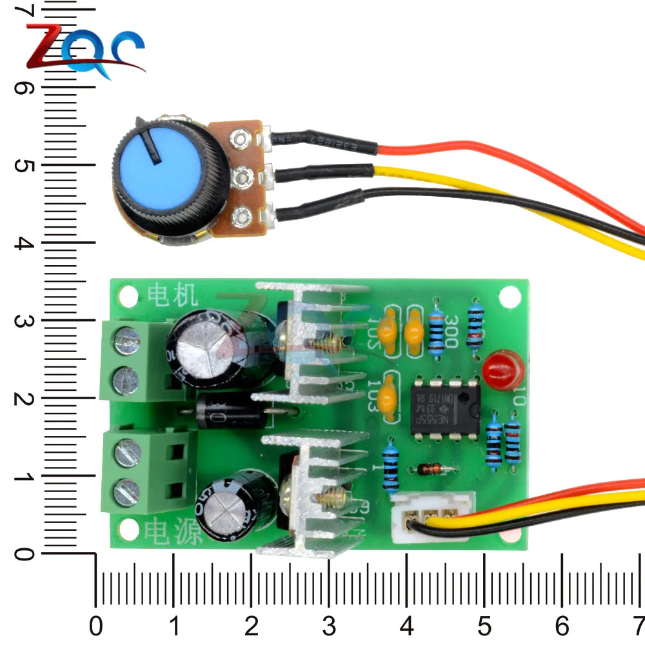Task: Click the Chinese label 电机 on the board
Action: (170, 295)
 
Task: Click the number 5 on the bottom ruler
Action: (484, 624)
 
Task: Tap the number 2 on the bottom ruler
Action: (252, 624)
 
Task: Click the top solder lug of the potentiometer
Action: (241, 137)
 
